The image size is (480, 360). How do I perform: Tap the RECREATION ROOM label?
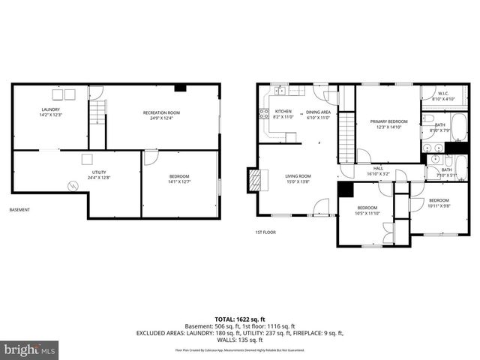point(161,112)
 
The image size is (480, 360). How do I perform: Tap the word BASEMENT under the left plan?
point(19,210)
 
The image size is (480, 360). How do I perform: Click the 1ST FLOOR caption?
point(265,232)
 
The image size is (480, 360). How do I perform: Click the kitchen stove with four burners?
point(264,115)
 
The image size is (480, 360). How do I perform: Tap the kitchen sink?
point(279,91)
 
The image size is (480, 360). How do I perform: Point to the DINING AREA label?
point(319,112)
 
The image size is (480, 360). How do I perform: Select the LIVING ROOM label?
point(298,176)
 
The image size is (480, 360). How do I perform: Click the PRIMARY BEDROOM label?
point(388,121)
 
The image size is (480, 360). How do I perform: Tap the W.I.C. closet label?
point(442,94)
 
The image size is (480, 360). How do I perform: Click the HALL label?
point(378,168)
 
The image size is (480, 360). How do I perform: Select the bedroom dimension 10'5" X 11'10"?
point(367,213)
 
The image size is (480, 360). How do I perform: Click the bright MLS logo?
point(30,349)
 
